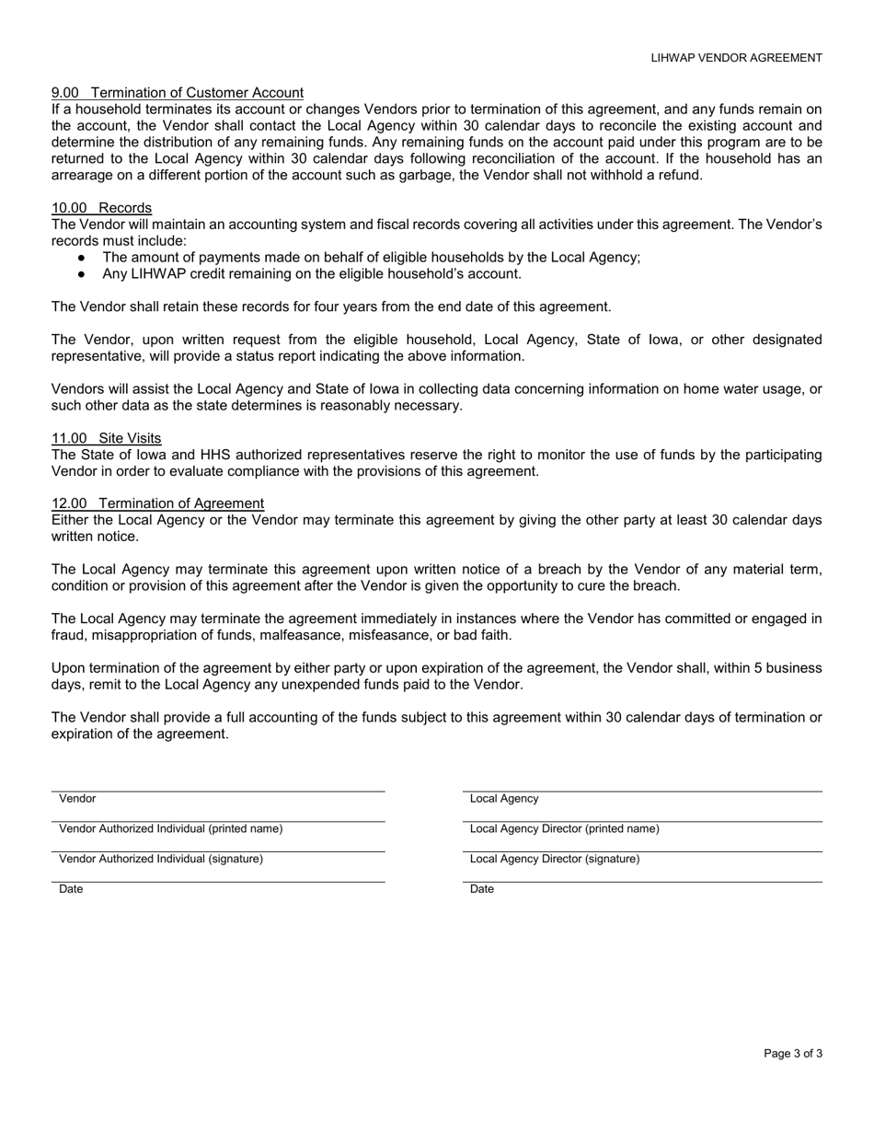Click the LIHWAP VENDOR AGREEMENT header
(x=736, y=58)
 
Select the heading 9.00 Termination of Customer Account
(x=178, y=93)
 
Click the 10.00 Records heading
(x=102, y=208)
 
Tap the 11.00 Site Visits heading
(x=107, y=438)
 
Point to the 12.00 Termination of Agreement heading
(x=158, y=503)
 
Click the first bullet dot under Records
(x=83, y=258)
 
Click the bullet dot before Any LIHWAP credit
(x=83, y=274)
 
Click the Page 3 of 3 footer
(x=793, y=1054)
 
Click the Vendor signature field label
(x=77, y=799)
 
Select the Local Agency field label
(x=504, y=799)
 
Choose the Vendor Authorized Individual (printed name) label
(x=171, y=829)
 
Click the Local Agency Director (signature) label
(x=554, y=860)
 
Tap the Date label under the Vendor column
(x=71, y=889)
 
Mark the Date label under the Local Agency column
(x=482, y=889)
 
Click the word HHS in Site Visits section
(x=236, y=455)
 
